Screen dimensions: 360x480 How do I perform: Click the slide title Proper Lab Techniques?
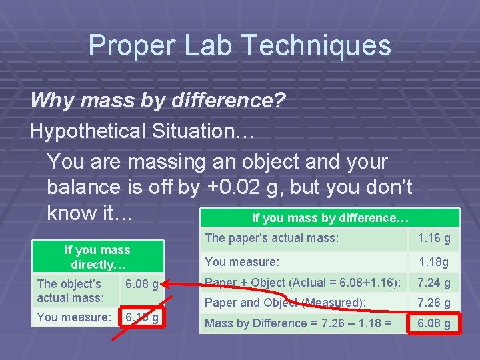coord(239,45)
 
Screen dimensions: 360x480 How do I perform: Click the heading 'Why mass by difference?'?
coord(158,101)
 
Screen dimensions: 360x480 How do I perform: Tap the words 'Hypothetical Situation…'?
coord(142,131)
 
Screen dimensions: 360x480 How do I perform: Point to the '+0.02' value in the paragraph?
coord(233,188)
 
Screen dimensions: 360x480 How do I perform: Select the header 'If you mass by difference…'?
coord(330,218)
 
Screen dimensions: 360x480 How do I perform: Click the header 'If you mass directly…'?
coord(97,257)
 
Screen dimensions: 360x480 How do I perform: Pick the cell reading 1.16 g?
coord(433,238)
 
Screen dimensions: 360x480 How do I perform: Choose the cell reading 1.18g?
coord(433,262)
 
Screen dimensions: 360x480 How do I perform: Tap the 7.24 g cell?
coord(433,283)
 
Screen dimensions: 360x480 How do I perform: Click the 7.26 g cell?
coord(433,303)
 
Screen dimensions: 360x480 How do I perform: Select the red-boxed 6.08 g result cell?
coord(433,324)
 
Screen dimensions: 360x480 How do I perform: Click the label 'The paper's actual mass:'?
coord(272,238)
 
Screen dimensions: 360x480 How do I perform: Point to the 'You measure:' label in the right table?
coord(242,262)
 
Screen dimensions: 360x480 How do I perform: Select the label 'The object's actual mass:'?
coord(69,291)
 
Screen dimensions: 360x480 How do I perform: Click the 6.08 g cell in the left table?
coord(141,285)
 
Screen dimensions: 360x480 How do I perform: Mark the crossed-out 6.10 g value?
coord(141,318)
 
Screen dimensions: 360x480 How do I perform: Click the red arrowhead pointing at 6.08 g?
coord(167,285)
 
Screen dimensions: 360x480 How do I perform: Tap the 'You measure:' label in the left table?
coord(73,317)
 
